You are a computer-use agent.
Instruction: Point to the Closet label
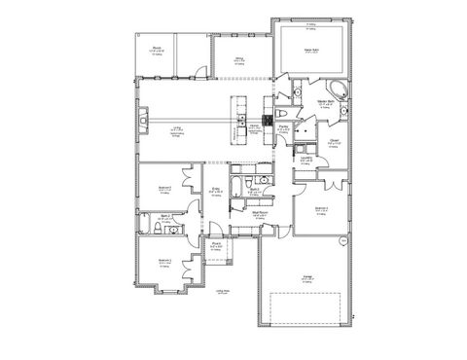point(334,140)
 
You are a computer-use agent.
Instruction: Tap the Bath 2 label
point(167,217)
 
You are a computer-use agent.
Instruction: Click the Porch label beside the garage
point(220,244)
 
